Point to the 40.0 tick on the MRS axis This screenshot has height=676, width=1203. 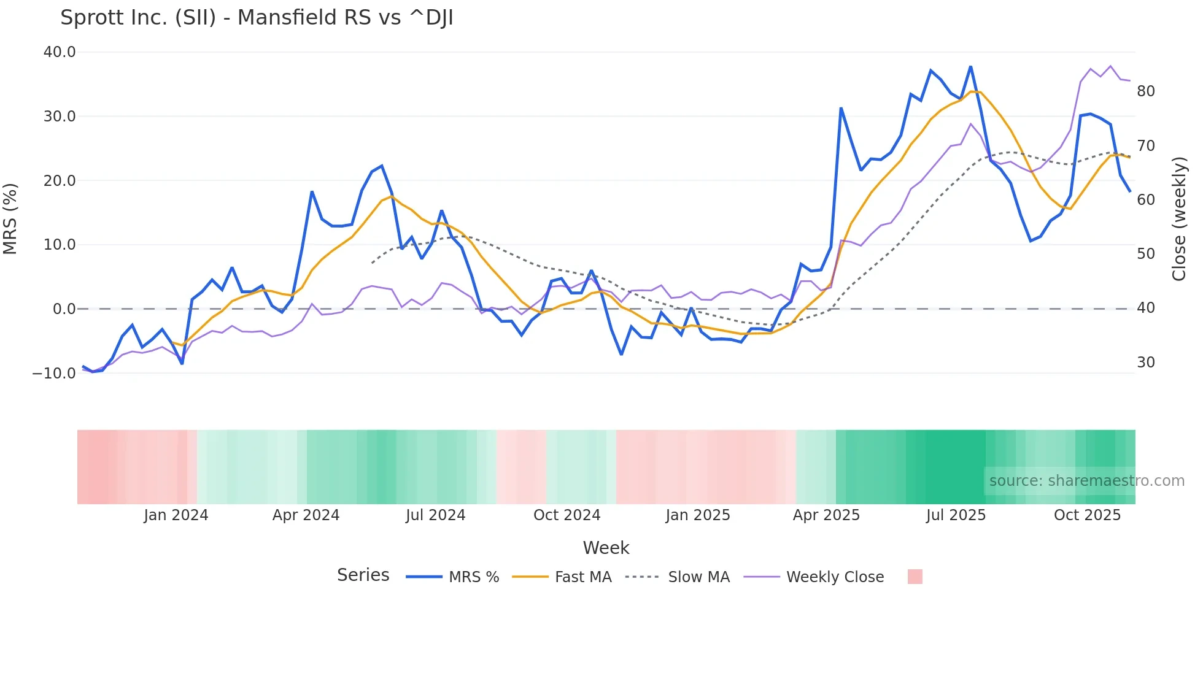coord(60,52)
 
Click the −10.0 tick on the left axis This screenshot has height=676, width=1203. coord(54,373)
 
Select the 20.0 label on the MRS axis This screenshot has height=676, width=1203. coord(60,180)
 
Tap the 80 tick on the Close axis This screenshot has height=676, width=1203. coord(1145,91)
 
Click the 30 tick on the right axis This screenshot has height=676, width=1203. coord(1145,363)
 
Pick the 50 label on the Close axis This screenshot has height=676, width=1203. coord(1145,254)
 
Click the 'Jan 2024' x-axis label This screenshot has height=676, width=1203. coord(176,515)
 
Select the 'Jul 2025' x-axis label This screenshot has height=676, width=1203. coord(956,515)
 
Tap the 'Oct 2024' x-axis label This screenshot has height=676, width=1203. coord(567,515)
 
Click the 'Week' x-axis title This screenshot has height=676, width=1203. coord(606,548)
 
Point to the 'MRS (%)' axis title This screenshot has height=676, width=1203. coord(10,218)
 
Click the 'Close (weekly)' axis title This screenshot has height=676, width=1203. coord(1179,219)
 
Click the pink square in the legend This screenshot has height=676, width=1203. coord(915,577)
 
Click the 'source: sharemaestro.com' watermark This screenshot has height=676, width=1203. coord(1086,481)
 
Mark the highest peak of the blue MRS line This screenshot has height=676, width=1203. coord(970,66)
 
